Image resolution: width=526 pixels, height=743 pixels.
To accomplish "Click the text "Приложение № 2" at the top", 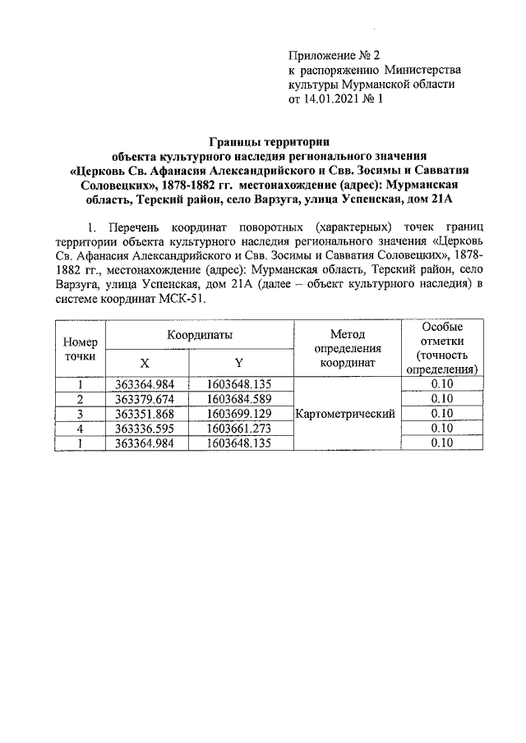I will (x=335, y=56).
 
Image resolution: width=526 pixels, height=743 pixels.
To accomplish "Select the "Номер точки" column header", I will (x=81, y=350).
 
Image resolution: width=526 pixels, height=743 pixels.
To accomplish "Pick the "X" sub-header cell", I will (x=145, y=363).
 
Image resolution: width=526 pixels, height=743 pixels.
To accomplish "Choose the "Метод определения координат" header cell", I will (x=347, y=348).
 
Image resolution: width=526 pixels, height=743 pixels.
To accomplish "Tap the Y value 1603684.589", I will (x=238, y=399).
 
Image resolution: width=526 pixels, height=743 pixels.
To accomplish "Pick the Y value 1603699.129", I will (x=238, y=413).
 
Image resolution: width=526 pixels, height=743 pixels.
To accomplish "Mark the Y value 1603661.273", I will (x=238, y=428).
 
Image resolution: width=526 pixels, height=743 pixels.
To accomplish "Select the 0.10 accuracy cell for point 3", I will (x=441, y=413).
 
